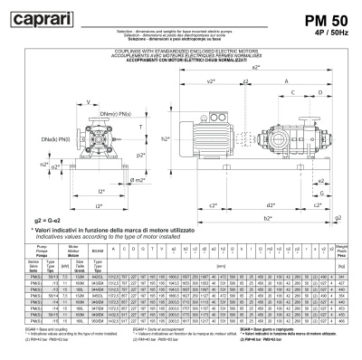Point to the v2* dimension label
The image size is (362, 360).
tap(210, 82)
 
